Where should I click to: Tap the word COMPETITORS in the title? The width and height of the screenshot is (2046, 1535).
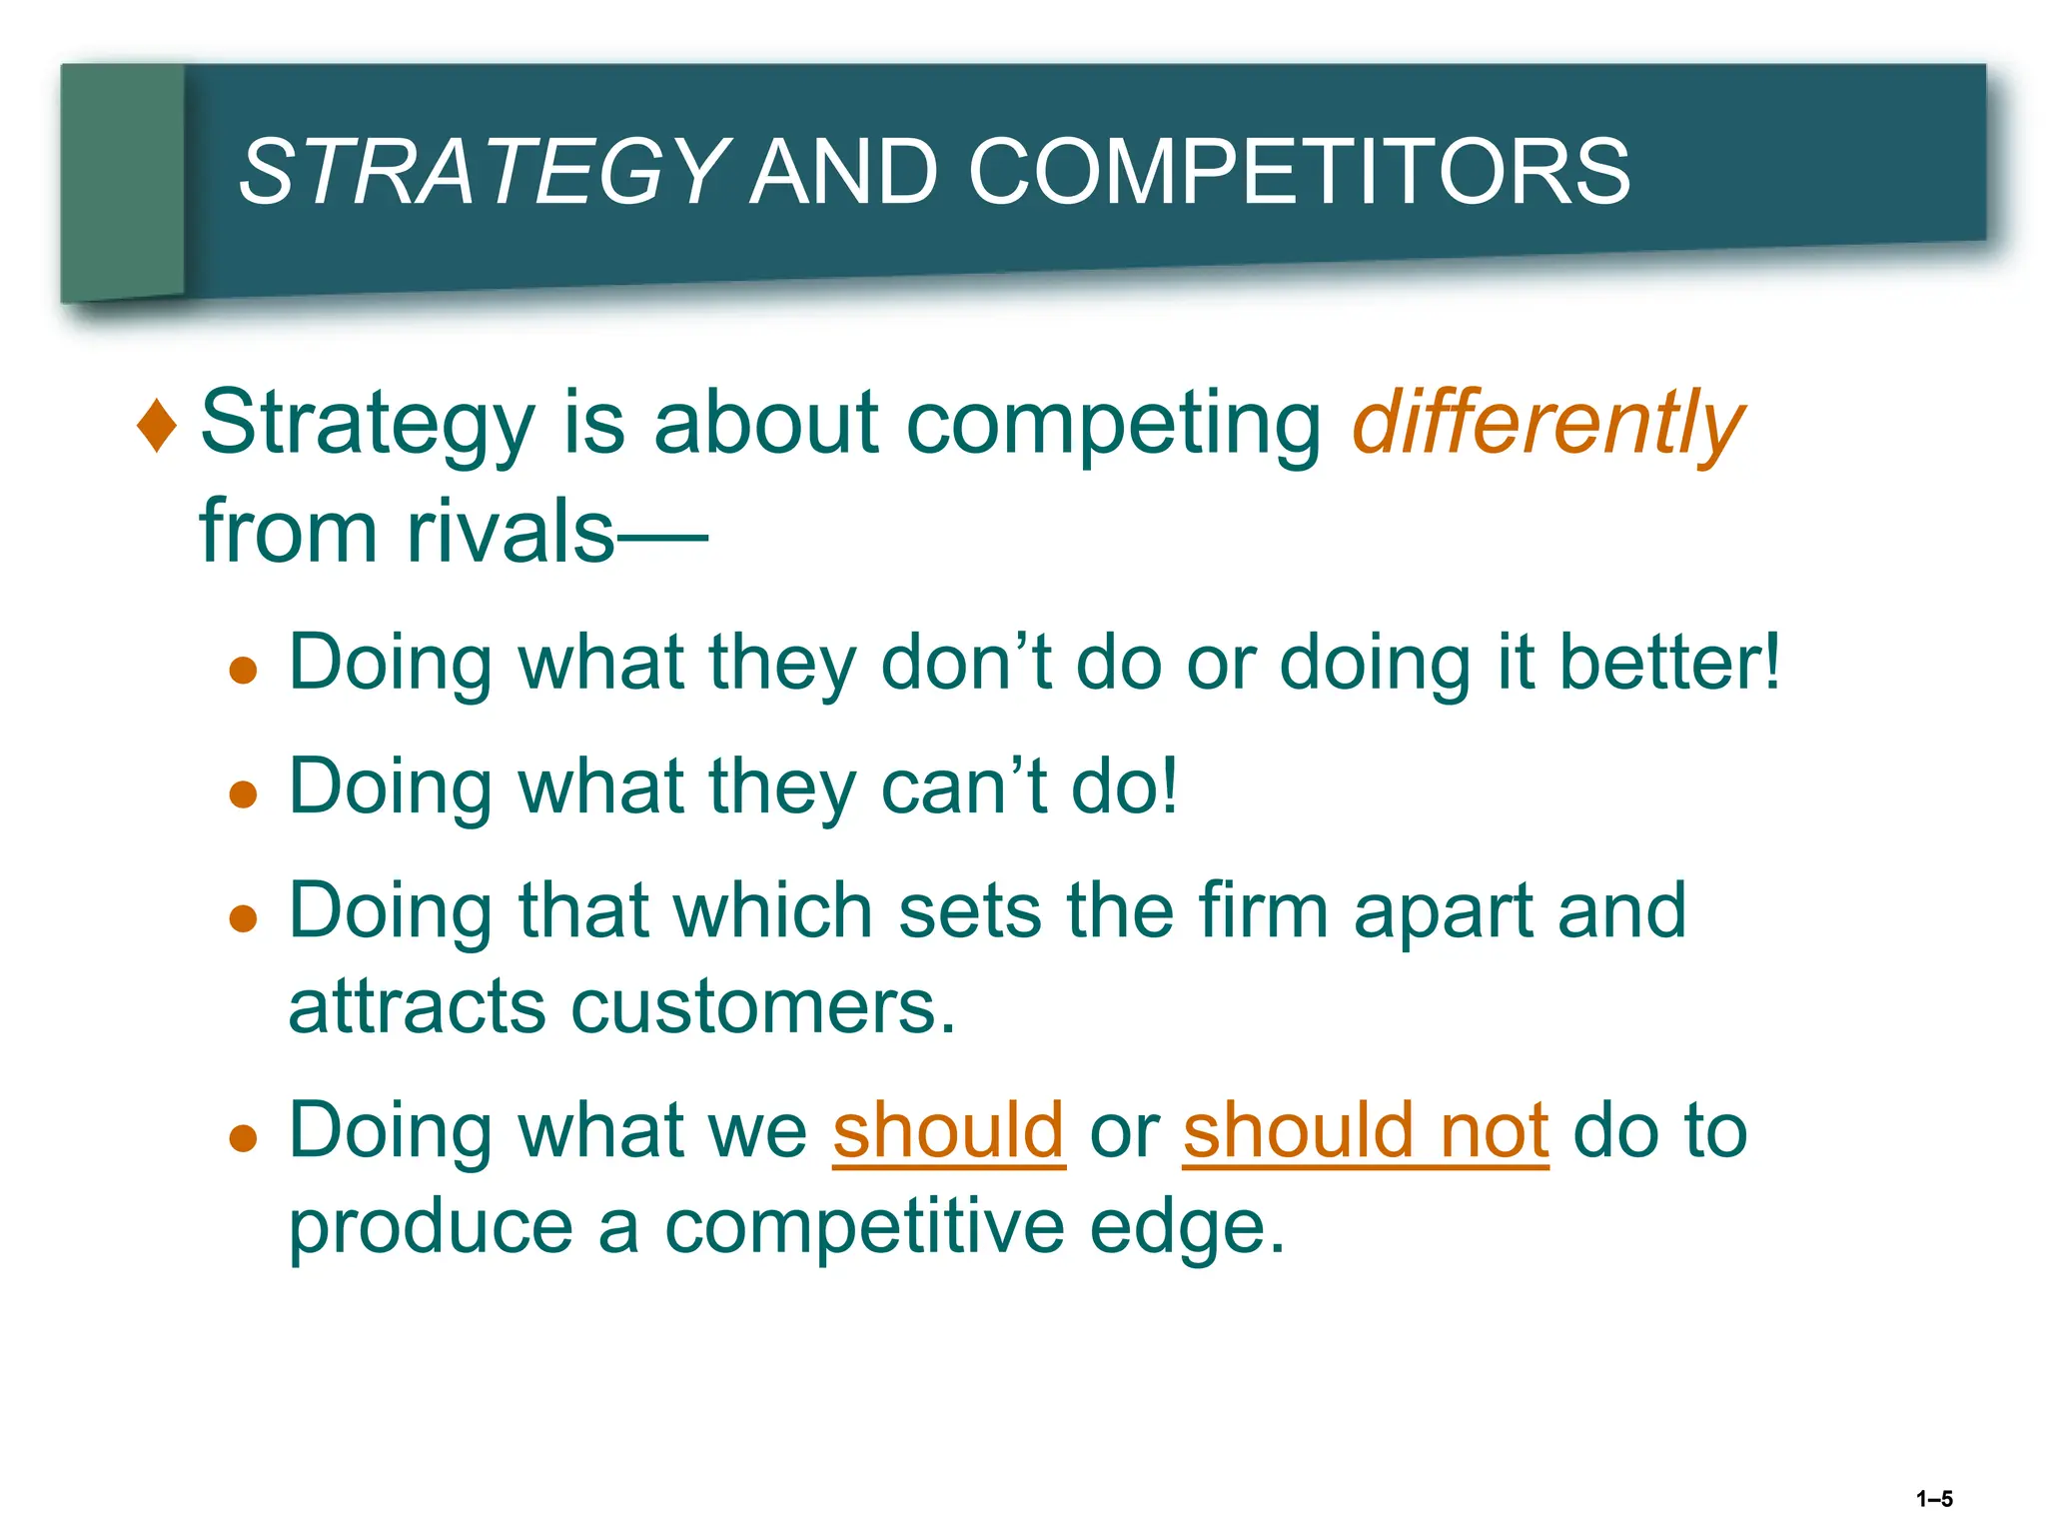(1299, 172)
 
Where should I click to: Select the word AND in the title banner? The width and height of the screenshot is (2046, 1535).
(844, 172)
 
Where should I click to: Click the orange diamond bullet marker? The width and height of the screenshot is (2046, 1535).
(157, 425)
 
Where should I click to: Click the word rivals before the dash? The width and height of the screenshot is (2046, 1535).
(510, 532)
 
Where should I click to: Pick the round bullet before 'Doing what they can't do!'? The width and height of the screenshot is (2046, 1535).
(243, 794)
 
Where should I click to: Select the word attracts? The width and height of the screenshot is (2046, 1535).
(417, 1006)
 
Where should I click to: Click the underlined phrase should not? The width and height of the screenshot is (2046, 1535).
(1366, 1131)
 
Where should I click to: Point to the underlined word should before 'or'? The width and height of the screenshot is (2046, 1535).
(948, 1131)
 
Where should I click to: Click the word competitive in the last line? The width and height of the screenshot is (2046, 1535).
(864, 1227)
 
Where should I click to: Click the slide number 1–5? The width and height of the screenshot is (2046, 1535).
(1934, 1499)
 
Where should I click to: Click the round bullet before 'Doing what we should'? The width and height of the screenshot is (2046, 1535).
(243, 1138)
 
